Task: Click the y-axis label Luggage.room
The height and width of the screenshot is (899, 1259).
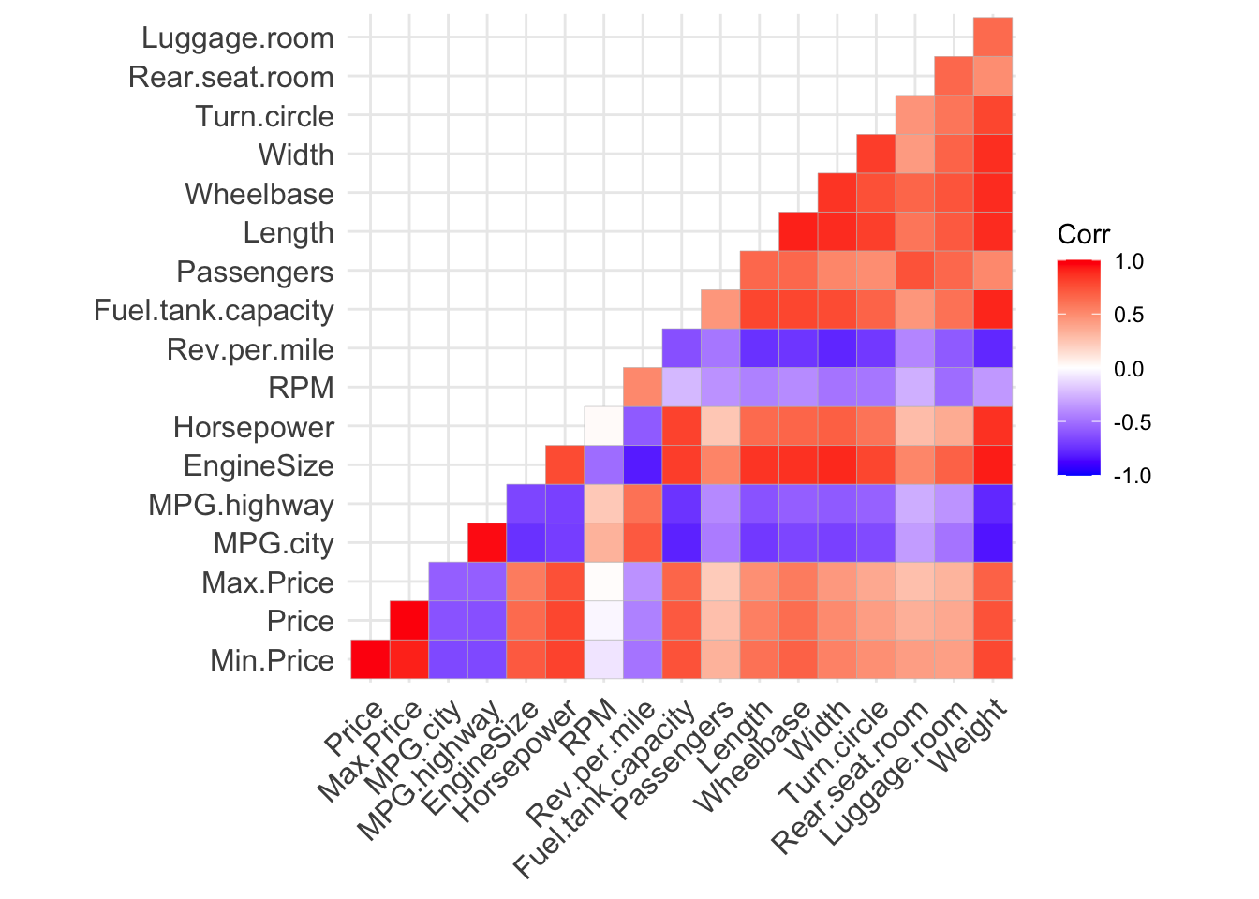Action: tap(237, 38)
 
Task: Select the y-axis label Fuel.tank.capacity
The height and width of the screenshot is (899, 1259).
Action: tap(214, 311)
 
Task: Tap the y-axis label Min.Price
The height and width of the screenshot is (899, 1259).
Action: tap(272, 661)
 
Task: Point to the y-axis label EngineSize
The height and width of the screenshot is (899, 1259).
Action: tap(259, 466)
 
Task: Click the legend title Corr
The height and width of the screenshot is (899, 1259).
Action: tap(1083, 234)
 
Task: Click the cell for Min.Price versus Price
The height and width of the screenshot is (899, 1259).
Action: tap(370, 659)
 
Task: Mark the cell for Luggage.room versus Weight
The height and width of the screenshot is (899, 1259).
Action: tap(993, 37)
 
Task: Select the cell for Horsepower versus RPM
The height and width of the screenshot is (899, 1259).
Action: tap(604, 426)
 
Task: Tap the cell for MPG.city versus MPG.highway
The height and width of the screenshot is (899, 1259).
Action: tap(487, 542)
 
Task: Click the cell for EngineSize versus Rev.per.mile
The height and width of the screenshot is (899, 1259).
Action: tap(643, 464)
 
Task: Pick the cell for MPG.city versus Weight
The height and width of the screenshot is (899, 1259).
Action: tap(993, 542)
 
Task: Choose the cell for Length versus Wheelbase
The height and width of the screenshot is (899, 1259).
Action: tap(798, 231)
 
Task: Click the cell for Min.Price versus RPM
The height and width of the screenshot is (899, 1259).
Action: tap(604, 659)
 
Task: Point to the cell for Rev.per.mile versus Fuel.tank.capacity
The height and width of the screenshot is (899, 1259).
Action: tap(682, 348)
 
